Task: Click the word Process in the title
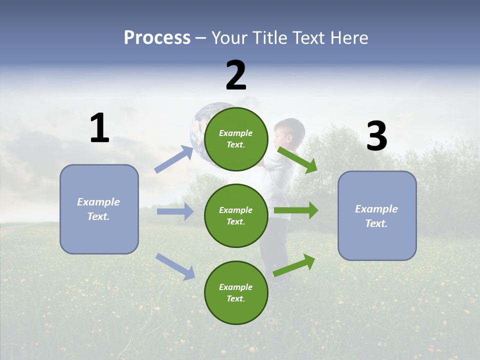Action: point(157,37)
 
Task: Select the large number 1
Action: point(99,128)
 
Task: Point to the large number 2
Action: point(236,75)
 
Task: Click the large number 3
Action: point(377,136)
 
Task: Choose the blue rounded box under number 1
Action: point(99,209)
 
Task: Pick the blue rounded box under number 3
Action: point(377,216)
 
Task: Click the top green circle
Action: point(236,139)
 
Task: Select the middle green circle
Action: point(236,215)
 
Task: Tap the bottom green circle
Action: point(236,292)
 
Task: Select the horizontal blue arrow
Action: point(175,211)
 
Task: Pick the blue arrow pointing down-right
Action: point(175,266)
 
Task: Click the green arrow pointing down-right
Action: point(297,159)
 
